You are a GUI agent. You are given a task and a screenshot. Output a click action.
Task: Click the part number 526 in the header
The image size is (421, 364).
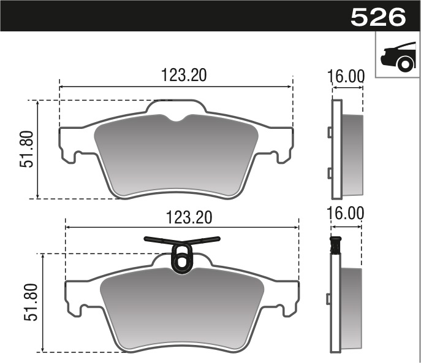pos(378,16)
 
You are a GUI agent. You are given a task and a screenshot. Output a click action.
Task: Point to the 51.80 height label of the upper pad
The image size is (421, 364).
pos(26,150)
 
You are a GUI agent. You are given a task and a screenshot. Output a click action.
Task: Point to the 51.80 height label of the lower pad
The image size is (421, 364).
pos(31,302)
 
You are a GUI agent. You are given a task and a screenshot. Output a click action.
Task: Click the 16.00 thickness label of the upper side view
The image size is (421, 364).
pos(347,76)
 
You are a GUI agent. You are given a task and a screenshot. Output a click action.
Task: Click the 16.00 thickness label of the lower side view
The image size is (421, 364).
pos(347,213)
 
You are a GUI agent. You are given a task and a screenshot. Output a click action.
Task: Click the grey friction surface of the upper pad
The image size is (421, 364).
pos(176,157)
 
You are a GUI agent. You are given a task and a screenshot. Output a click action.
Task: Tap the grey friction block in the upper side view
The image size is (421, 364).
pos(352,153)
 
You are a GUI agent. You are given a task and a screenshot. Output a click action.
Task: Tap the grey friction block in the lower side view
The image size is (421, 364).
pos(351,307)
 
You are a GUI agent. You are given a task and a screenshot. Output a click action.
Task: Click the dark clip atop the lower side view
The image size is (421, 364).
pos(335,246)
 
